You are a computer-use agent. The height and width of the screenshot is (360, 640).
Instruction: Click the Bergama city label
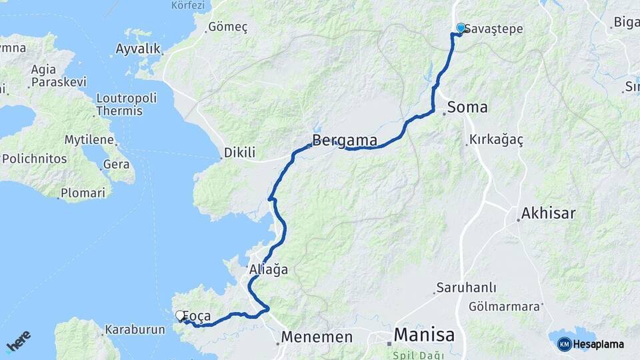345,141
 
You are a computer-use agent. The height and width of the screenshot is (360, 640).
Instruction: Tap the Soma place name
467,107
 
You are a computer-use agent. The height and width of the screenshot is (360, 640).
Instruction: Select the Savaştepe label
493,29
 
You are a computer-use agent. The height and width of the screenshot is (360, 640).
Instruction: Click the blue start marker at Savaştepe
461,28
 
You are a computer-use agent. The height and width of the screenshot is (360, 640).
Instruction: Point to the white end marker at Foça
180,315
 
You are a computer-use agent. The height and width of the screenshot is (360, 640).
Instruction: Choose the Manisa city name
424,335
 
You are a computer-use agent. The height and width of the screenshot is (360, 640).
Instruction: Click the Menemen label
317,337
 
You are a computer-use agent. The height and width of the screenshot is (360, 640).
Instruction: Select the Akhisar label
548,213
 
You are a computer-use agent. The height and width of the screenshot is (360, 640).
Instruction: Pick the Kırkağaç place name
496,139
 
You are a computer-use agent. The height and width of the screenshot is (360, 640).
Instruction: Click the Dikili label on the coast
239,153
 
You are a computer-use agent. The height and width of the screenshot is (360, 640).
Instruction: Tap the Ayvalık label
138,49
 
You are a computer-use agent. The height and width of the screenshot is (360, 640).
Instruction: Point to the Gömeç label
227,27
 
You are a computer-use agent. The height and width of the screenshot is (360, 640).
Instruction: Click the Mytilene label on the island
89,140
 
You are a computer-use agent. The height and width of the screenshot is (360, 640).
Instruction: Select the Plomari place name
83,193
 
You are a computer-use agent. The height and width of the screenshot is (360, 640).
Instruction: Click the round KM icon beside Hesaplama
565,344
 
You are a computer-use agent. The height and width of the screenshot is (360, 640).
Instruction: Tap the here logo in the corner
19,341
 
